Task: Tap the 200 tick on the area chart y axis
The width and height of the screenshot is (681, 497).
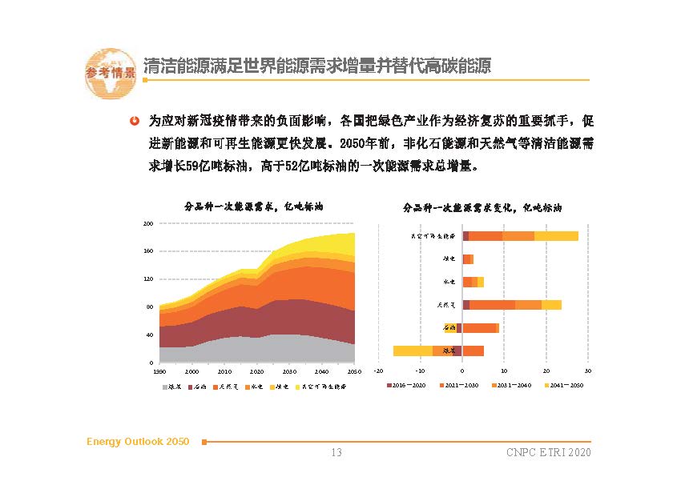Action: pos(148,223)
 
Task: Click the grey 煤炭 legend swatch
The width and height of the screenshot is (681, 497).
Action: pos(165,387)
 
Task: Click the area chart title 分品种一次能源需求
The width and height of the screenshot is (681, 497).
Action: pos(253,206)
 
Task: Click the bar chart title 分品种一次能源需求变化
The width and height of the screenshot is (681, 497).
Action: pos(482,207)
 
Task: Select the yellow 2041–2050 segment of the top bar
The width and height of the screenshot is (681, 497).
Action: pos(556,236)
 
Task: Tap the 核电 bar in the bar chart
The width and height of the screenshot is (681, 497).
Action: pos(468,259)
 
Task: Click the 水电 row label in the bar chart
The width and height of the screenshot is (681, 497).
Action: pos(449,282)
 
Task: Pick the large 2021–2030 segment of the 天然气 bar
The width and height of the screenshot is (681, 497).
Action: pos(492,304)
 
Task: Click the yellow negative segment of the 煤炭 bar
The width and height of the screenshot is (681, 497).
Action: pos(413,351)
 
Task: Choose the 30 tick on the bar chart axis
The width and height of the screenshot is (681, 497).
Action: pos(587,371)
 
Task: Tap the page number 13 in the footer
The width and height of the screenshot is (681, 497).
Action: pos(336,453)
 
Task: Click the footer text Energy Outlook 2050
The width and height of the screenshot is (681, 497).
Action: pos(138,442)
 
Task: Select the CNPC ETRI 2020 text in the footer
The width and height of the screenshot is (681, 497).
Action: pos(548,453)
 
